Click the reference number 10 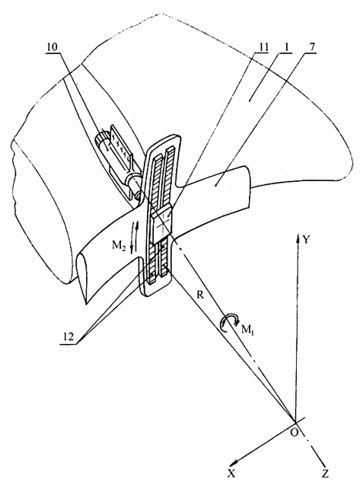[x=52, y=48]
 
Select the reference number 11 [x=263, y=48]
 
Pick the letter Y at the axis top [x=306, y=240]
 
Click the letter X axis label [x=231, y=483]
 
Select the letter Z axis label [x=325, y=483]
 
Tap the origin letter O [x=295, y=432]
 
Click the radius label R [x=200, y=295]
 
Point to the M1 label [x=247, y=330]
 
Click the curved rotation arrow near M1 [x=229, y=323]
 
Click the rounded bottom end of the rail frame [x=156, y=292]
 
